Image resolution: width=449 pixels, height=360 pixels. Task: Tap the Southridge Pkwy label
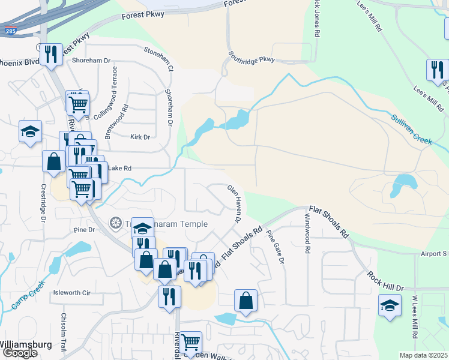coord(251,59)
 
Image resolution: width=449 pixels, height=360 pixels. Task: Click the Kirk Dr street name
coord(140,137)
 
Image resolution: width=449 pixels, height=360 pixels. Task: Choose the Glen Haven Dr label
coord(234,204)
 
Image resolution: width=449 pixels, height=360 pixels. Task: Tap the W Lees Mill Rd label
coord(415,315)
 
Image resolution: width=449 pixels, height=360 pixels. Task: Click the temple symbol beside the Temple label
coord(115,224)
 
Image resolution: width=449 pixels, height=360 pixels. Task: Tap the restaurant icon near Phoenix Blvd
coord(51,54)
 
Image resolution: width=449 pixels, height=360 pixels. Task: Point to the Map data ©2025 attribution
coord(423,355)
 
